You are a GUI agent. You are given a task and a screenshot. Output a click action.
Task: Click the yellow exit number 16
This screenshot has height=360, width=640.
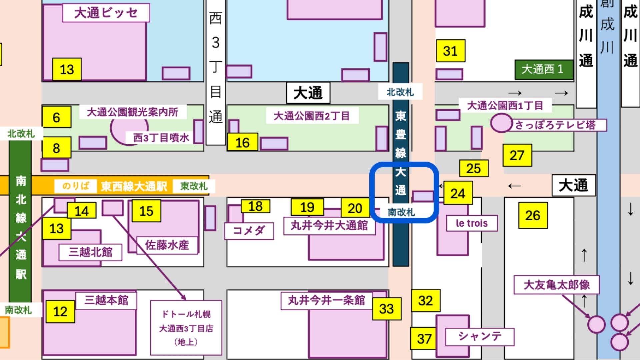(x=242, y=142)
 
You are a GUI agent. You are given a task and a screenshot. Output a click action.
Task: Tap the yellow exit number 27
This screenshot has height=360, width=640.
(x=517, y=155)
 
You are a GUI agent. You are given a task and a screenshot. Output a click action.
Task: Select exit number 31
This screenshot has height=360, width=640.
(x=450, y=51)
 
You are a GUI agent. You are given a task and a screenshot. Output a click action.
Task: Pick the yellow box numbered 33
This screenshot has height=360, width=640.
(x=386, y=309)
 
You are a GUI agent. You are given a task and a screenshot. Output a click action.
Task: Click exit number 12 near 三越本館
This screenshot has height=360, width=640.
(x=60, y=311)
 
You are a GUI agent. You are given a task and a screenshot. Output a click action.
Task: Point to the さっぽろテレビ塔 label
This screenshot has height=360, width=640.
(x=555, y=125)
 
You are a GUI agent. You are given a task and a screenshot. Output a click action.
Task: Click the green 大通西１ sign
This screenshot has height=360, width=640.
(x=543, y=69)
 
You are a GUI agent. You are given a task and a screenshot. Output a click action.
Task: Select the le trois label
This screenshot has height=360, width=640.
(x=472, y=223)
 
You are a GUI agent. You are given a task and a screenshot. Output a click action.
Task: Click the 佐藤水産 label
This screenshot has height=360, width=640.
(x=167, y=245)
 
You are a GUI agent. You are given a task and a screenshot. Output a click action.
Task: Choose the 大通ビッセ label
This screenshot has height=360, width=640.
(x=106, y=13)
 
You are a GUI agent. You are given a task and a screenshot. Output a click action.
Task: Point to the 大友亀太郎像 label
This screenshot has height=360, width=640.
(x=556, y=285)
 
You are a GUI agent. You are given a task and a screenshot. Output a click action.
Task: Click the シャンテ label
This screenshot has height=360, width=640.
(x=480, y=336)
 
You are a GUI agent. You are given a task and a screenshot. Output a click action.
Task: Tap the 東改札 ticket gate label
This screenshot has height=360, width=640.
(x=194, y=186)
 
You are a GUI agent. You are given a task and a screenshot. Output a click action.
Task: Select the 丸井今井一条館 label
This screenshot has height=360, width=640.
(x=326, y=301)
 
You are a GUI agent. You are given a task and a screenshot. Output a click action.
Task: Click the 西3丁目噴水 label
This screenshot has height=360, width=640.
(x=161, y=137)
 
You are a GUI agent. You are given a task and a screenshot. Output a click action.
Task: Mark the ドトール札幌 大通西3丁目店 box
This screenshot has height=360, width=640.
(x=186, y=328)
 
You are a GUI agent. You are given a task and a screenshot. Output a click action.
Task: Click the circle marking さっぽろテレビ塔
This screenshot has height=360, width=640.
(x=501, y=123)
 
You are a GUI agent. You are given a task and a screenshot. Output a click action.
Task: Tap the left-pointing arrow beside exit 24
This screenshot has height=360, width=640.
(x=441, y=186)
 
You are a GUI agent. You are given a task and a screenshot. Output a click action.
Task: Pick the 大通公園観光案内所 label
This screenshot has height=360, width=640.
(x=132, y=112)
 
